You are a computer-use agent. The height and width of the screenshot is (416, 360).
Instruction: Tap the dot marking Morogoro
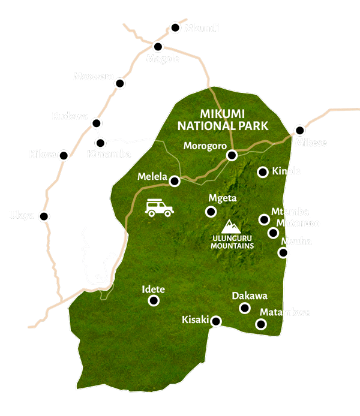pos(232,155)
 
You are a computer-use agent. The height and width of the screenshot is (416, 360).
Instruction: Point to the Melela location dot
pos(175,180)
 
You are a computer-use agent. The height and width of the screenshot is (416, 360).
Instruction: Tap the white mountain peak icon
pos(231,227)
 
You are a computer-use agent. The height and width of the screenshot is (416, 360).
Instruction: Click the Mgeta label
pos(220,198)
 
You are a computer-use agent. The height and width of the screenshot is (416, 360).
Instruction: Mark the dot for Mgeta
pos(211,212)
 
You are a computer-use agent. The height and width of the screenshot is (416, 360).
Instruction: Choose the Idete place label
pos(153,289)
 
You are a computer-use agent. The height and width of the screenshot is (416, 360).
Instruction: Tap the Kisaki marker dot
pos(216,321)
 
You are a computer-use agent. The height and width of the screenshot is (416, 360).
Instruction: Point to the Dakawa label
pos(250,296)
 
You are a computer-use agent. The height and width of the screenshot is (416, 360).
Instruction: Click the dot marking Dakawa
pos(244,308)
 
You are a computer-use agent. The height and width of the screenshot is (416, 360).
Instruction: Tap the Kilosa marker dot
pos(64,155)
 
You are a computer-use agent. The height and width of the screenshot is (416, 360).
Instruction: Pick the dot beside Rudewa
pos(96,123)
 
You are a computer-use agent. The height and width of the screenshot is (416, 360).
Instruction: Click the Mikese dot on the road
pos(300,130)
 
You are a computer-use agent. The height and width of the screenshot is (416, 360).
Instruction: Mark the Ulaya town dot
pos(43,216)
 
